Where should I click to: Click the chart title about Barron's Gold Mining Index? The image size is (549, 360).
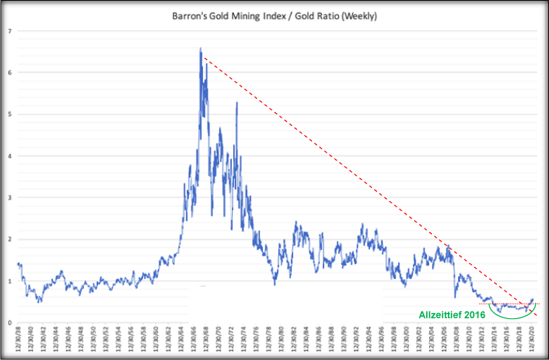[274, 14]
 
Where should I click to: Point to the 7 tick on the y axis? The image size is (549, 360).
[9, 31]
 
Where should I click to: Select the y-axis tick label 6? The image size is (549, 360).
[9, 72]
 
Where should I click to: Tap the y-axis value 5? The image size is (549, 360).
[9, 114]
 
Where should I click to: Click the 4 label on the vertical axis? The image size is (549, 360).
[9, 155]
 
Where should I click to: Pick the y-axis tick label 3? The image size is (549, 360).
[9, 197]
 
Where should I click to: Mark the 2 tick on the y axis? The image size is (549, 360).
[9, 239]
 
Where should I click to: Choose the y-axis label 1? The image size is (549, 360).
[9, 280]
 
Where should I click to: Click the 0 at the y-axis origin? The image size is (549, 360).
[9, 322]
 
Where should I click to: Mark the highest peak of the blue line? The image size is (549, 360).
[200, 48]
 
